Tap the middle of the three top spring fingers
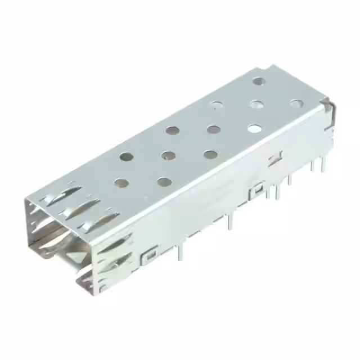click(79, 211)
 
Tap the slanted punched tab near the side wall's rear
click(275, 159)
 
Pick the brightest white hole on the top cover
click(254, 129)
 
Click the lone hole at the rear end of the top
click(259, 81)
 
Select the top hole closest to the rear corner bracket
click(296, 103)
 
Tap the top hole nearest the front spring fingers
click(120, 182)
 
